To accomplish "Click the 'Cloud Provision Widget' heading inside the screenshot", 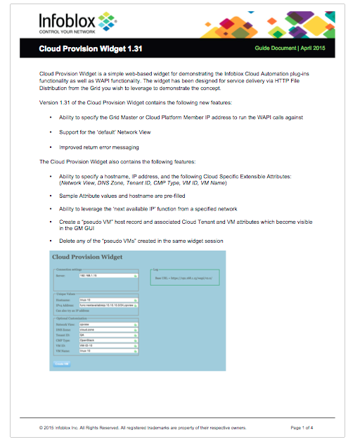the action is pyautogui.click(x=88, y=257).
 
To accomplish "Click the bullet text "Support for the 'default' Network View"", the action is pyautogui.click(x=112, y=132).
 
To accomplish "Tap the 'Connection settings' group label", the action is pyautogui.click(x=69, y=269).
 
